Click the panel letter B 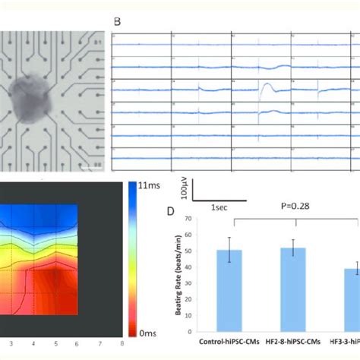click(116, 22)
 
